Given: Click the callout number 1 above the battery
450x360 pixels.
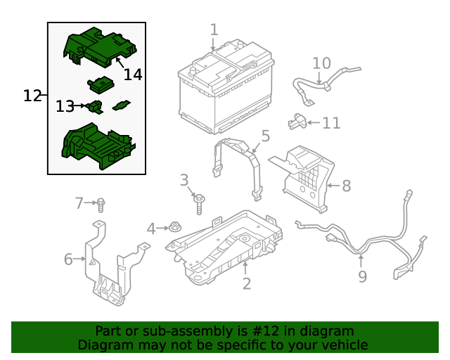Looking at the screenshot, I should point(214,30).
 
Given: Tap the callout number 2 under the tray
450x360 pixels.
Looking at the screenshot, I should point(247,283).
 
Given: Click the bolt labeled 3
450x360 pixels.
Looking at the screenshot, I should point(200,203).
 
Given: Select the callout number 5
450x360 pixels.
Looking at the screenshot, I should point(265,135).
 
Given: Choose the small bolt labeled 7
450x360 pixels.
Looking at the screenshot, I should point(101,205).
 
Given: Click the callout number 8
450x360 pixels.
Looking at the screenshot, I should point(346,186).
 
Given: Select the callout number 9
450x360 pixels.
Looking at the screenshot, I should point(362,276).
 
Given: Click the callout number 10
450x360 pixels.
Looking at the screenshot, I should point(321,63).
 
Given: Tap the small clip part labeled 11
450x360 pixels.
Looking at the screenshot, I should point(298,122).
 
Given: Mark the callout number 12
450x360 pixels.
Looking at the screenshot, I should point(32,96).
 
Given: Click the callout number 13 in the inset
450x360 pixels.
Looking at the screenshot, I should point(65,106).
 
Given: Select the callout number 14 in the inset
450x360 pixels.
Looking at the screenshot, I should point(132,74).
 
